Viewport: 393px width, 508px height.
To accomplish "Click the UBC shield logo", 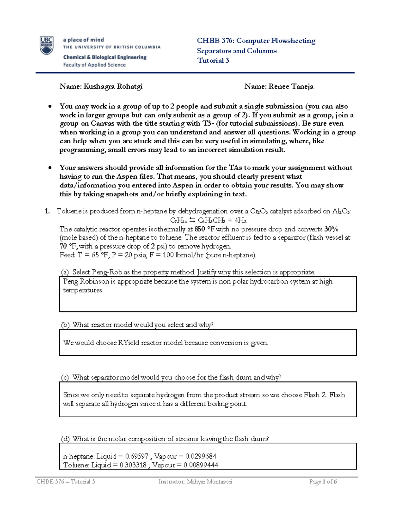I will pyautogui.click(x=47, y=46).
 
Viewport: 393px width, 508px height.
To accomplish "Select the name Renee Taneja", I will pyautogui.click(x=291, y=86).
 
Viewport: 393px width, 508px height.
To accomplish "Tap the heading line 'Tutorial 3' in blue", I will pyautogui.click(x=213, y=61).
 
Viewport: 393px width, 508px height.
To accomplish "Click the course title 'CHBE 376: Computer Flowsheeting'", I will pyautogui.click(x=256, y=41).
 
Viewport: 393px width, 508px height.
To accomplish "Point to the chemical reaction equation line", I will pyautogui.click(x=208, y=220).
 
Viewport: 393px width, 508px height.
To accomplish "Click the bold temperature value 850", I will pyautogui.click(x=200, y=229).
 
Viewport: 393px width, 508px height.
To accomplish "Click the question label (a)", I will pyautogui.click(x=65, y=272).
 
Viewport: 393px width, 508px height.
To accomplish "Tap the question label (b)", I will pyautogui.click(x=65, y=325).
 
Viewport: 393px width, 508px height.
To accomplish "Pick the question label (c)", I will pyautogui.click(x=65, y=377).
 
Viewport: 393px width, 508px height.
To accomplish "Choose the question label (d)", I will pyautogui.click(x=65, y=439).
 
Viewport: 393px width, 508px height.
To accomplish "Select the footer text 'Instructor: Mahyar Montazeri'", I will pyautogui.click(x=195, y=482).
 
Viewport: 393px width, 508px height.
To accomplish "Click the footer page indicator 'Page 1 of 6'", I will pyautogui.click(x=323, y=482).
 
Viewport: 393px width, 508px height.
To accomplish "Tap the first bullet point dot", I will pyautogui.click(x=50, y=106).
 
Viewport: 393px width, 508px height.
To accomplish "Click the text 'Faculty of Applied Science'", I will pyautogui.click(x=94, y=65).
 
